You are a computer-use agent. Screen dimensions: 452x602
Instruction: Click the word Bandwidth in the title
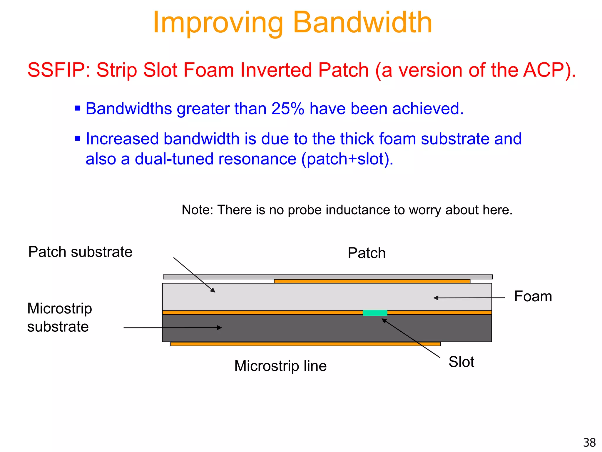(362, 23)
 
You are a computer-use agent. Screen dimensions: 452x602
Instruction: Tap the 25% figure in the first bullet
(287, 109)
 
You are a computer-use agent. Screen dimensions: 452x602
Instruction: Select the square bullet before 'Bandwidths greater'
(78, 108)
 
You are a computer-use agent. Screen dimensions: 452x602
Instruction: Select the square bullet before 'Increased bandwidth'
(78, 138)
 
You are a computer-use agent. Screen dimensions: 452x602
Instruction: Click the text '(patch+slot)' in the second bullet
(347, 159)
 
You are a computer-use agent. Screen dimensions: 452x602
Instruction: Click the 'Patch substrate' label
(80, 252)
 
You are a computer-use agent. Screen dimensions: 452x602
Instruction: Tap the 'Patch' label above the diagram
(366, 253)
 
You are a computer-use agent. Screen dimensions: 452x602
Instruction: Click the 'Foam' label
(533, 296)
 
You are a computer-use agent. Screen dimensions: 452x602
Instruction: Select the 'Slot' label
(461, 362)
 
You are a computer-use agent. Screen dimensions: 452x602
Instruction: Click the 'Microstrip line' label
(280, 366)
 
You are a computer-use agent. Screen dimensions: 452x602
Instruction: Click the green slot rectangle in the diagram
(375, 313)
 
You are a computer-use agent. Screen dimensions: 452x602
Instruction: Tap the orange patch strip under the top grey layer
(372, 281)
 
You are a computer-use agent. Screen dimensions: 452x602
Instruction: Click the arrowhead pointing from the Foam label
(436, 298)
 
